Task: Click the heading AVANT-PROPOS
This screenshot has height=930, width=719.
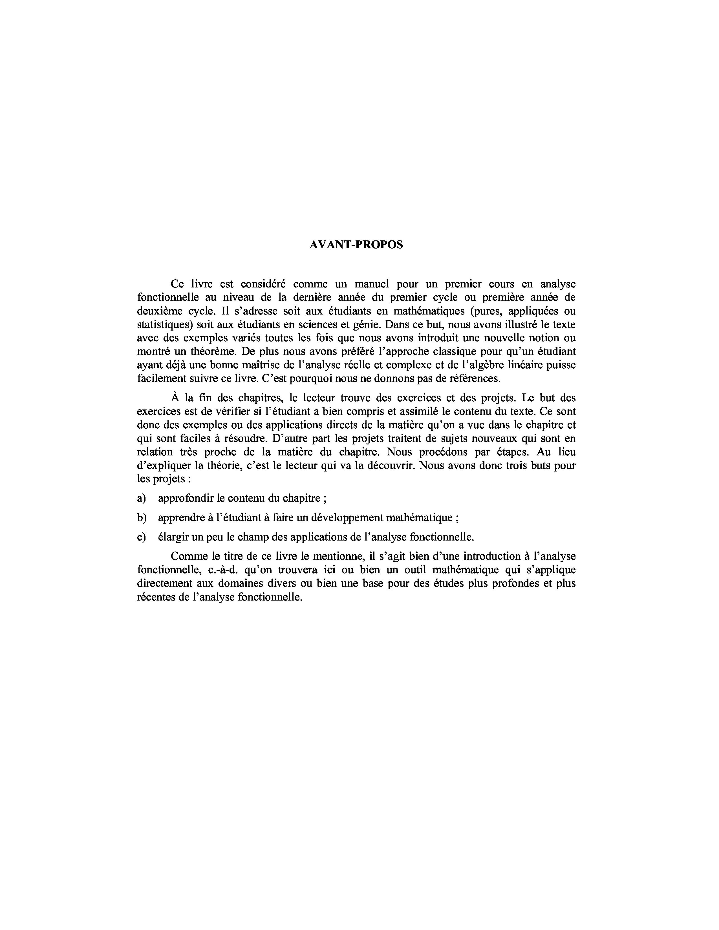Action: tap(356, 245)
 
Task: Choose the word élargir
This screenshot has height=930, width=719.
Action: tap(173, 537)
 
